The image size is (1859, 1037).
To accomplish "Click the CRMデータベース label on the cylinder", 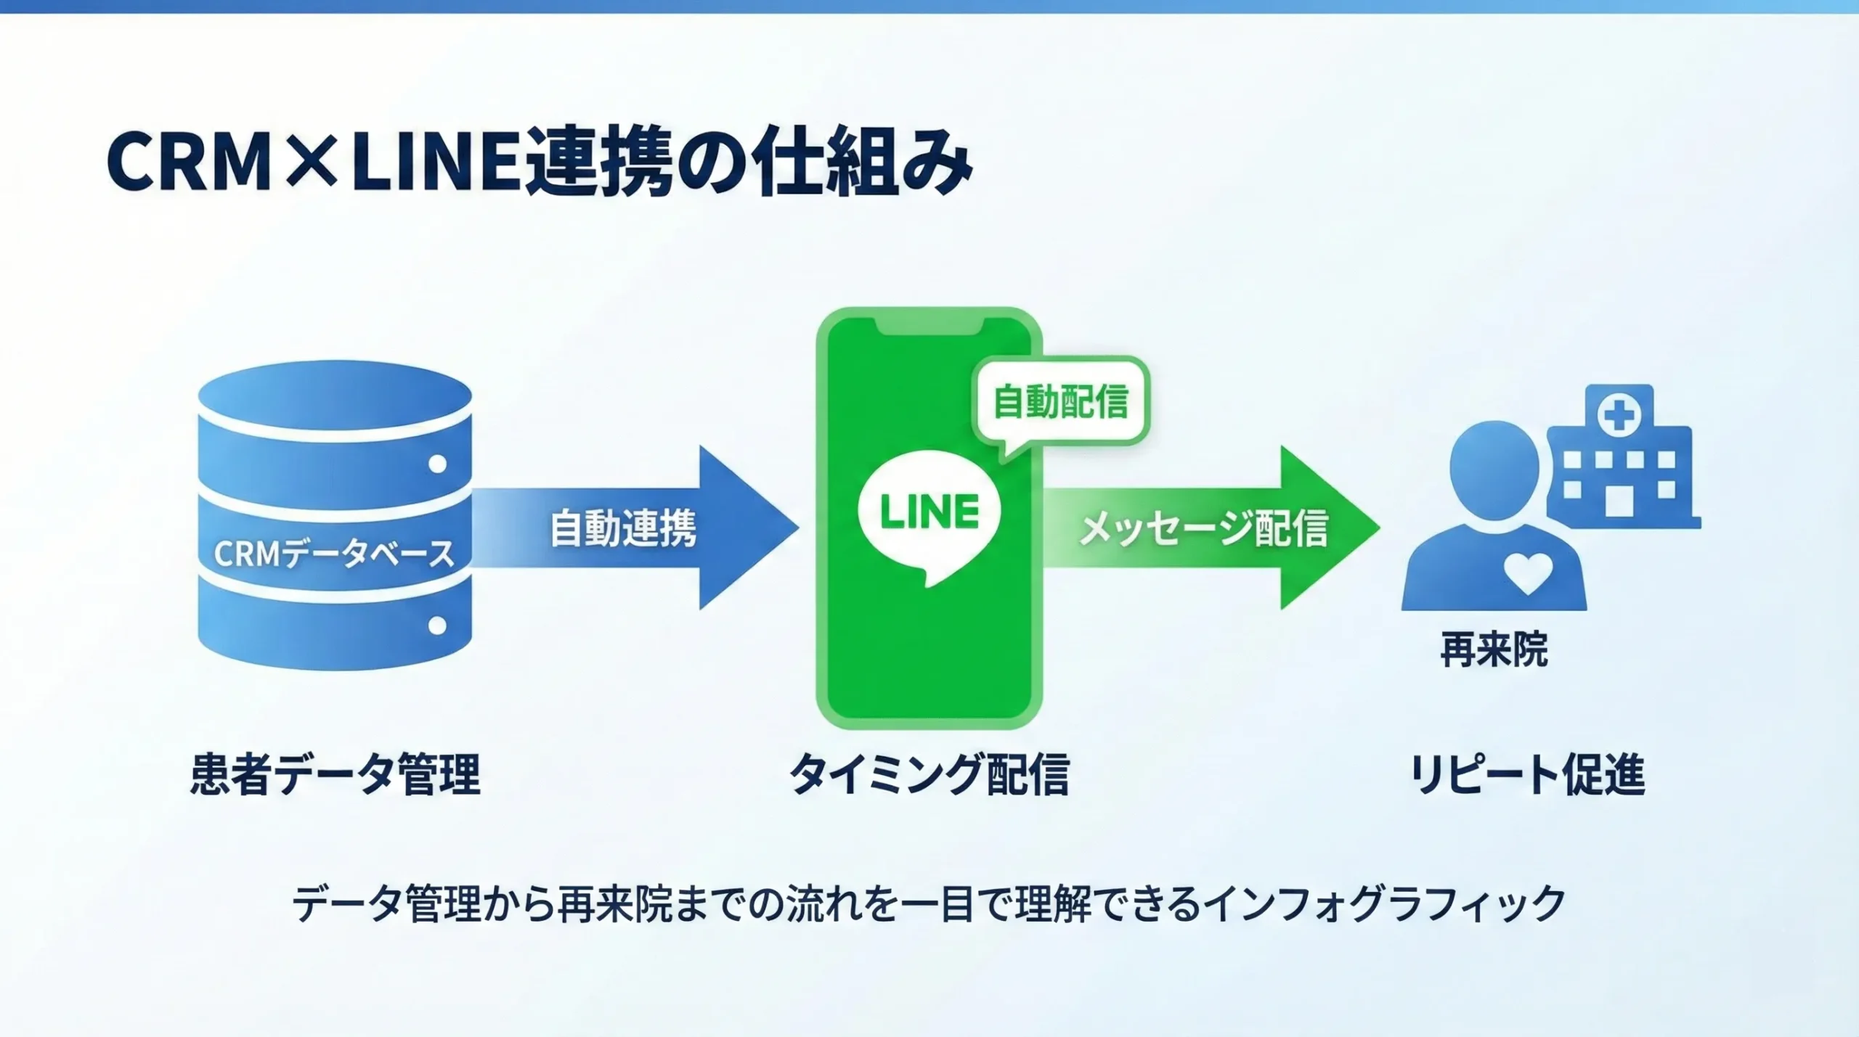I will [x=333, y=554].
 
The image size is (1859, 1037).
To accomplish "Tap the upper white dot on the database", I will [x=437, y=464].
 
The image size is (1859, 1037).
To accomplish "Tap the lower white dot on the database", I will [x=437, y=625].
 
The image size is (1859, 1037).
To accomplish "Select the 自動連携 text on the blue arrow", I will [x=623, y=528].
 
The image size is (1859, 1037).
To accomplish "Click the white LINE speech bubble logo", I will [x=929, y=514].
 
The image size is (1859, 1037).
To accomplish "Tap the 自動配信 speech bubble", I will [x=1060, y=401].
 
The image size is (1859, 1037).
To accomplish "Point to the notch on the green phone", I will [x=929, y=329].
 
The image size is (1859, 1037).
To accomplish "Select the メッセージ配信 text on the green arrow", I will [x=1203, y=528].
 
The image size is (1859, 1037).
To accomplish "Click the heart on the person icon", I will [x=1528, y=572].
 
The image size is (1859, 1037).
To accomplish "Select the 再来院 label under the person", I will [x=1494, y=649].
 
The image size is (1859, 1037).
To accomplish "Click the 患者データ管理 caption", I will [x=335, y=774].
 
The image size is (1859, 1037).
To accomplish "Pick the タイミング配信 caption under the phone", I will [x=929, y=774].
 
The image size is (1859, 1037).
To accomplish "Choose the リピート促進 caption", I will [x=1527, y=774].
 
